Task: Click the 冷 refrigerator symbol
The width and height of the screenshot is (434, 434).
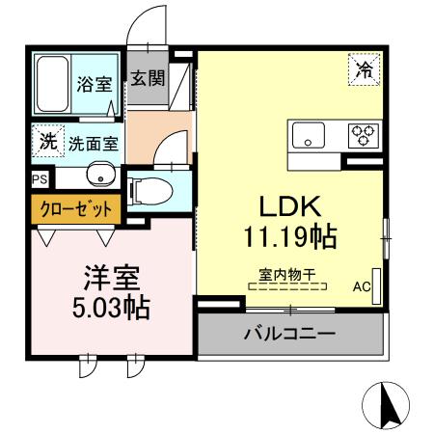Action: [365, 68]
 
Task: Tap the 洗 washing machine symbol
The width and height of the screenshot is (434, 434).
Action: [46, 141]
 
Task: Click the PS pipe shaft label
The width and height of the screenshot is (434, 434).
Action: [39, 179]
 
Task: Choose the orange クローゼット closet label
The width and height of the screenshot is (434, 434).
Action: [75, 208]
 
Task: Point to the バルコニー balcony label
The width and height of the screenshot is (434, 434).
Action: [288, 335]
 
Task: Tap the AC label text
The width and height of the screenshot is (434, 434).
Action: [361, 286]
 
